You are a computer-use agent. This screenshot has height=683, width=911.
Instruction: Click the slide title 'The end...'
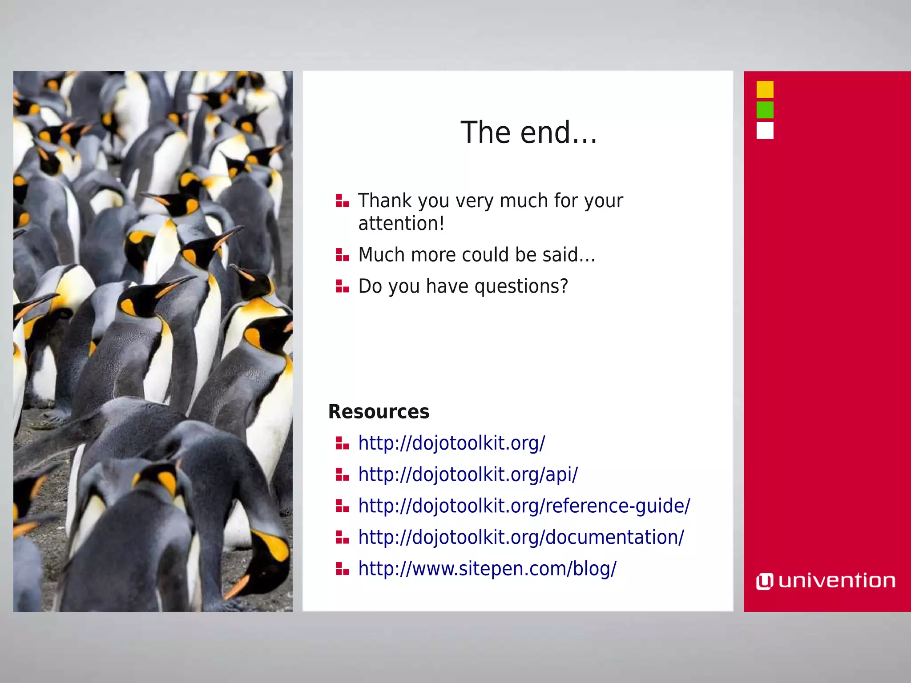(528, 133)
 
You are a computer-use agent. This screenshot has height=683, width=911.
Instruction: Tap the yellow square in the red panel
(765, 89)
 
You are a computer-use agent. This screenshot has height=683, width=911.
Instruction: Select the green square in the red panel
(765, 110)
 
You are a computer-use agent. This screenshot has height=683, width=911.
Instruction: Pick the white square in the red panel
(765, 130)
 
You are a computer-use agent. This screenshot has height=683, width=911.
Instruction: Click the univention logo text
(837, 581)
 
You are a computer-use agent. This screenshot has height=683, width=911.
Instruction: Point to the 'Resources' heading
(379, 412)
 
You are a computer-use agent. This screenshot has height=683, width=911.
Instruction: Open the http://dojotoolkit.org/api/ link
(468, 474)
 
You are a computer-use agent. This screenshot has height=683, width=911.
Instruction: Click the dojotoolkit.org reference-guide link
(524, 506)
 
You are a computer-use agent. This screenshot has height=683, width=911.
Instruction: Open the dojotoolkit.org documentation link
(521, 537)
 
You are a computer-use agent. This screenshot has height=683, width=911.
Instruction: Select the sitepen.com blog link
(487, 569)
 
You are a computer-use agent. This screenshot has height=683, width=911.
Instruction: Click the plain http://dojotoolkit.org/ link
(451, 443)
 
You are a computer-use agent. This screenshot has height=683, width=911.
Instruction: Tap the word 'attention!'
(401, 223)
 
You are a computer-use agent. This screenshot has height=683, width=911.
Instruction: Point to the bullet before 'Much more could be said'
(342, 255)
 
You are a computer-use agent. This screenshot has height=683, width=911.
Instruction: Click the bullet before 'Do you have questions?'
(342, 286)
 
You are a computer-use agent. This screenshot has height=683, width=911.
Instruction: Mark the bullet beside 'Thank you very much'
(342, 201)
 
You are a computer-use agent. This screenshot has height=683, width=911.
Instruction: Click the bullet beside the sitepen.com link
(342, 569)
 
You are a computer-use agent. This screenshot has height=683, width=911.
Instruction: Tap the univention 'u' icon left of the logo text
(765, 581)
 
